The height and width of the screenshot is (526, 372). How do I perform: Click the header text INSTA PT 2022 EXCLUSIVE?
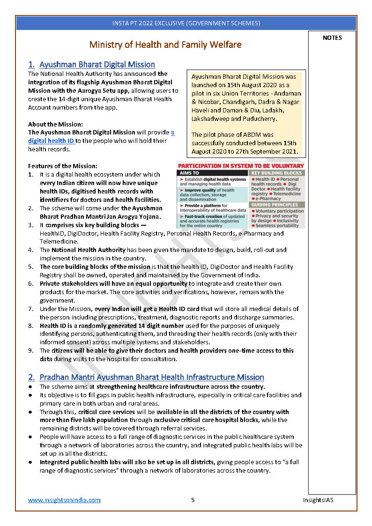(186, 23)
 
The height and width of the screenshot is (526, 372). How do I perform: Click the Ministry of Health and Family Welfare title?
(165, 45)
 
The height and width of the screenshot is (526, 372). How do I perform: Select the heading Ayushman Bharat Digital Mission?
(97, 65)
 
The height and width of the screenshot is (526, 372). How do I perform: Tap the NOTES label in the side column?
(332, 38)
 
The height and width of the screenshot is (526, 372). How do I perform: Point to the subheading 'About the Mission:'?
(55, 124)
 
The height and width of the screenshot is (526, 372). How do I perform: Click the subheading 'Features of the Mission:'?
(62, 166)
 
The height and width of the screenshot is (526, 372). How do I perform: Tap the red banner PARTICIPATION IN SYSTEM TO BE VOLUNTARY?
(240, 166)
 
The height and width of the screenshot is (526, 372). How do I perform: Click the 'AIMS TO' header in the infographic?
(189, 173)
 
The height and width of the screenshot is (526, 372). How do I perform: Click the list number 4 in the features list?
(30, 250)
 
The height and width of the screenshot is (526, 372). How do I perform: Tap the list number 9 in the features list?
(30, 351)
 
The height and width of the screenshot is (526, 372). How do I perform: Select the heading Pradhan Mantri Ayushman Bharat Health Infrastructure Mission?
(151, 377)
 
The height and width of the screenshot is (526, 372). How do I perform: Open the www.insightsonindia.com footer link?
(64, 500)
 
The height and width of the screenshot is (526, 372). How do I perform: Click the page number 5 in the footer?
(193, 500)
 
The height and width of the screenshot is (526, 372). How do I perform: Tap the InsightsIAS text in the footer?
(318, 500)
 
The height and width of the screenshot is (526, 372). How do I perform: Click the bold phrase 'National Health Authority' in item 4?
(89, 250)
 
